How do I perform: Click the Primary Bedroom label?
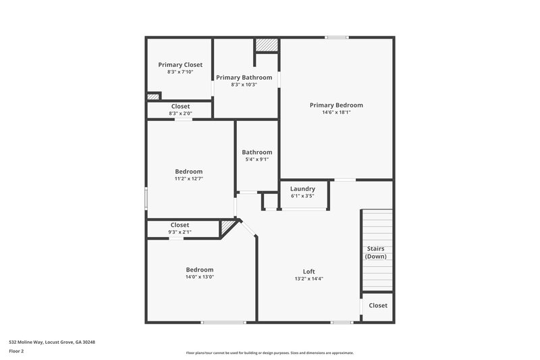tap(336, 105)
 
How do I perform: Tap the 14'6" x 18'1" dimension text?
tap(336, 112)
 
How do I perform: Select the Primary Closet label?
tap(180, 64)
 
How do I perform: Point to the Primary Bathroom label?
tap(244, 77)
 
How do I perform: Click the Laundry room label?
tap(302, 188)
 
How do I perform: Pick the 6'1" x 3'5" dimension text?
tap(302, 196)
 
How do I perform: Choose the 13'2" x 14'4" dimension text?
tap(309, 278)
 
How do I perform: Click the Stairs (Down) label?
tap(375, 253)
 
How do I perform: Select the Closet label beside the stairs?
tap(378, 305)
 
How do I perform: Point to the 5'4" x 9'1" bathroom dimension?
tap(256, 159)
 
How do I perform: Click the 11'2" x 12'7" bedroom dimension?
tap(189, 179)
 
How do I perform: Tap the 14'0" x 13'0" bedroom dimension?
tap(200, 276)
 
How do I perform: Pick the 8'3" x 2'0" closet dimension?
tap(180, 113)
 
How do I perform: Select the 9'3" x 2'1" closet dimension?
tap(180, 232)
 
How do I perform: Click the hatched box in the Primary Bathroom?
tap(267, 45)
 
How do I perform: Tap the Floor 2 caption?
tap(16, 351)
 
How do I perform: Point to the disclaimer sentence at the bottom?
tap(269, 353)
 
